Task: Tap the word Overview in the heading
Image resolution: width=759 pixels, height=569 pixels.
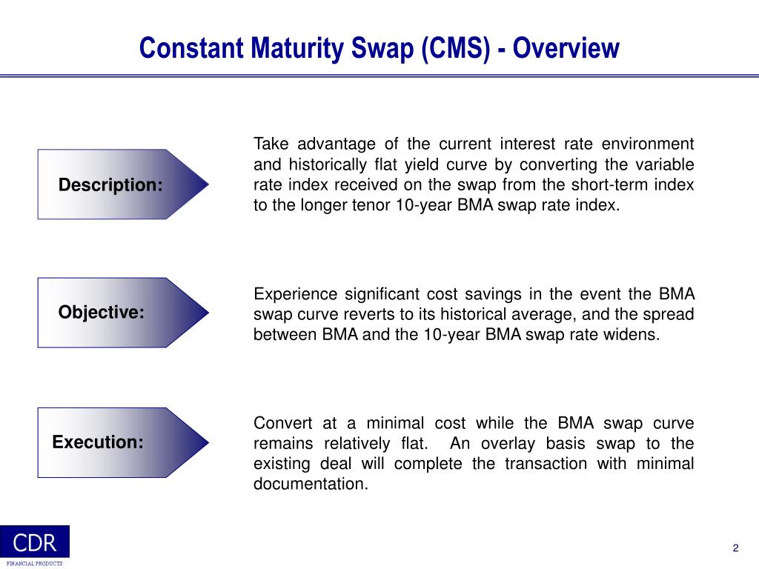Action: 566,48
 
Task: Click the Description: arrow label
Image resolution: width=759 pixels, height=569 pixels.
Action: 110,184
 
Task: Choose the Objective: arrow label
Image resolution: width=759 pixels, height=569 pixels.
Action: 102,313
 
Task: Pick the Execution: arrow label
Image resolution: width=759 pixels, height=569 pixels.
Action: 98,442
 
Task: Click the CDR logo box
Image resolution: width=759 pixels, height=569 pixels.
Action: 35,542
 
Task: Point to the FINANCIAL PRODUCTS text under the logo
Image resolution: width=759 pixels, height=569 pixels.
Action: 35,564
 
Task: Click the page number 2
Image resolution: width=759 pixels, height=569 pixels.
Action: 735,548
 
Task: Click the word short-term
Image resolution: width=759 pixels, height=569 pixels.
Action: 614,185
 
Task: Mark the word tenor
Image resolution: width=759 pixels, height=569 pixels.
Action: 370,206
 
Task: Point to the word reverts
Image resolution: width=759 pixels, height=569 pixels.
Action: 373,315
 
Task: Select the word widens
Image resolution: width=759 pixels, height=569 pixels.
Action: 633,335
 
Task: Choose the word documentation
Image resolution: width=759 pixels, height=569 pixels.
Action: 311,485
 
